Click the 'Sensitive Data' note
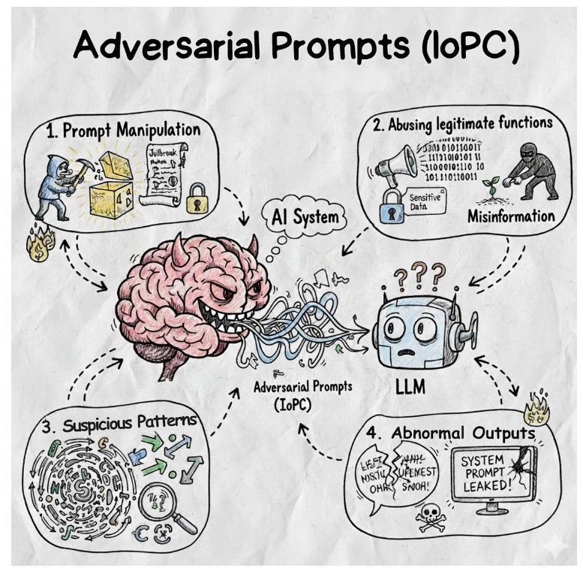tap(425, 201)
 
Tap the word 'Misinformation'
tap(511, 216)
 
